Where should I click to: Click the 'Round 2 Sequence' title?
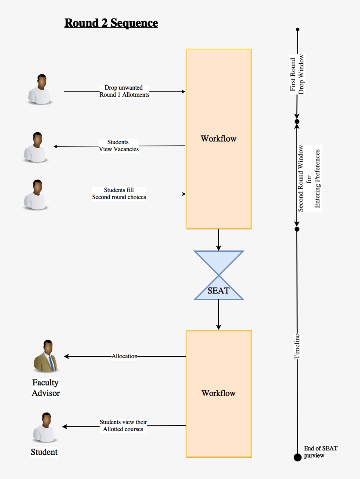point(112,23)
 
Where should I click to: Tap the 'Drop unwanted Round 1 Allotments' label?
point(124,91)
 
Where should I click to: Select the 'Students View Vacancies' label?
point(119,145)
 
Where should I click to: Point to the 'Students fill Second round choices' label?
point(119,193)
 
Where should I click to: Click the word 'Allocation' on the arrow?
point(124,356)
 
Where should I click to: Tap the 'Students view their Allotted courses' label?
point(123,425)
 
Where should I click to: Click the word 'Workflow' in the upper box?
point(219,138)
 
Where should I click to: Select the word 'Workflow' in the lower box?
point(219,393)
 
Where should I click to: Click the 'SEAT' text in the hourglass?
point(219,290)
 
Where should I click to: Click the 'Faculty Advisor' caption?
point(46,388)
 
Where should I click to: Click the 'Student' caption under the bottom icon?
point(44,452)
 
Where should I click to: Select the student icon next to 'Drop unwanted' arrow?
point(40,89)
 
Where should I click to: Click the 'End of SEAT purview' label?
point(320,452)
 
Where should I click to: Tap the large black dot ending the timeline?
point(298,457)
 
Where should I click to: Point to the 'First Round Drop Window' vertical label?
point(297,74)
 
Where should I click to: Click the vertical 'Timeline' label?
point(297,346)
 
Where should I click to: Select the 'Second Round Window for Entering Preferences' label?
point(309,178)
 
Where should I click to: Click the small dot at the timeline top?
point(298,29)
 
